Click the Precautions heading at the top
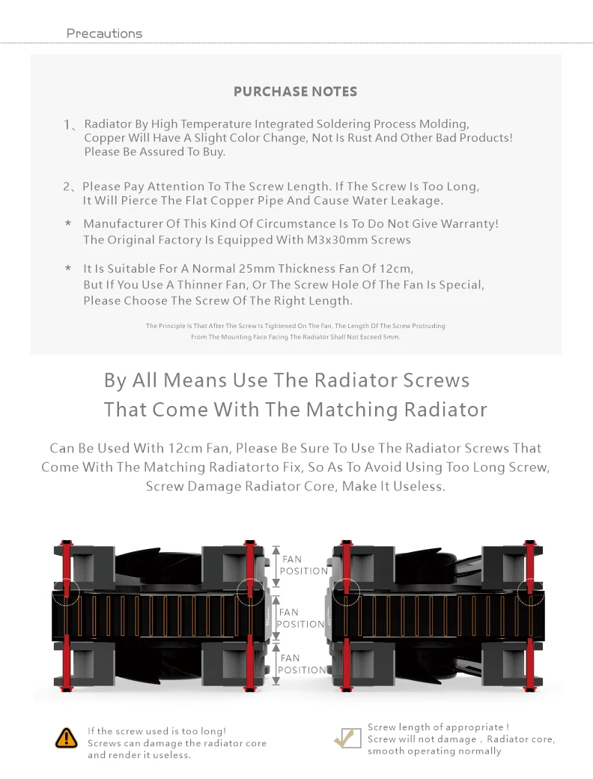(104, 34)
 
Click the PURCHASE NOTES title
(295, 92)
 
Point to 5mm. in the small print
(391, 337)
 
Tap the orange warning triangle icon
(67, 738)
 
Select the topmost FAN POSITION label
(303, 565)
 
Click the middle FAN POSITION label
(301, 618)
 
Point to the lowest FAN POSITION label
(303, 664)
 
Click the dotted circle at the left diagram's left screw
(67, 591)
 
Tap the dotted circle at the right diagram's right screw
(531, 591)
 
